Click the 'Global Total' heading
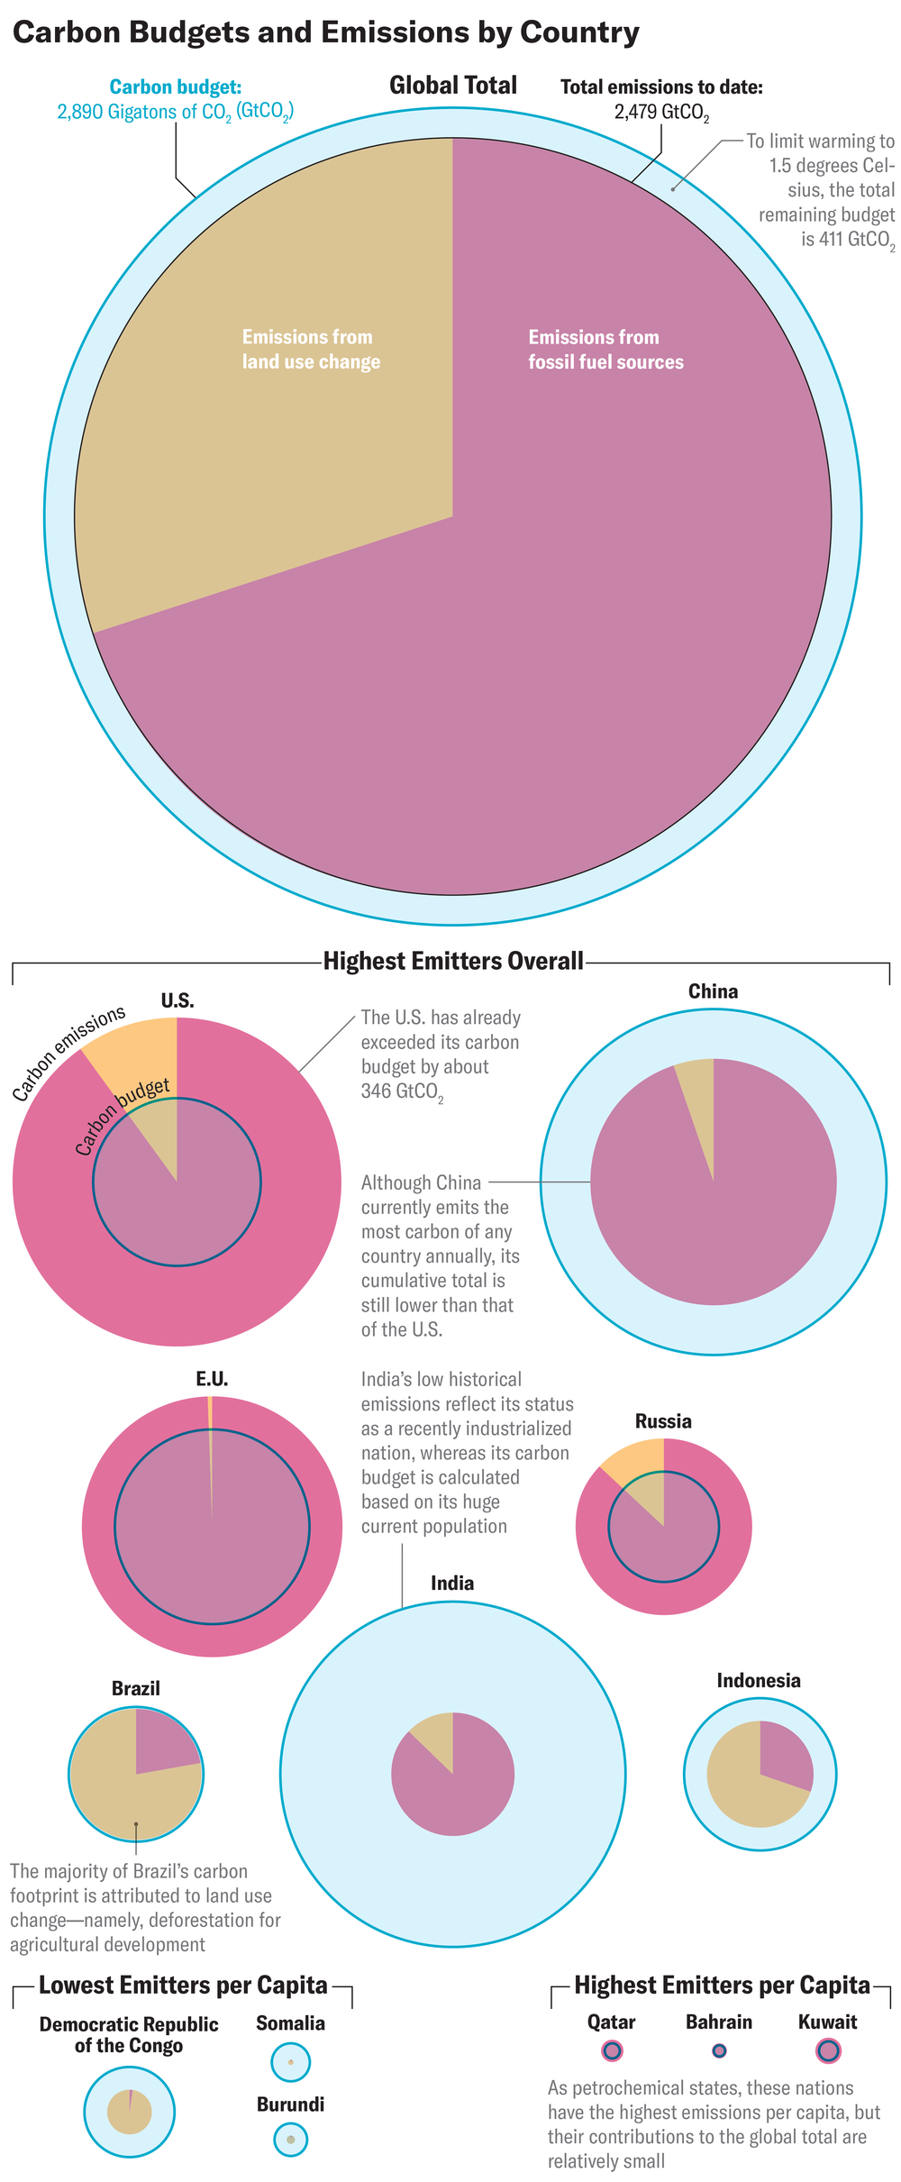[452, 86]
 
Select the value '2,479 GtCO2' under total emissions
[661, 113]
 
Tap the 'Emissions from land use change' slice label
[311, 349]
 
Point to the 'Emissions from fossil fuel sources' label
[605, 349]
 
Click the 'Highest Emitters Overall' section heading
[453, 961]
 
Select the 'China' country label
[713, 991]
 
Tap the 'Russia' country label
[663, 1421]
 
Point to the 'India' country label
[452, 1584]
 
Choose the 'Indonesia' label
[758, 1680]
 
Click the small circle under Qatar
[612, 2050]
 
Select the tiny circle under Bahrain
[719, 2050]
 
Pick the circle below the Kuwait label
[827, 2050]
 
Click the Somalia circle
[290, 2061]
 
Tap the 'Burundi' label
[290, 2104]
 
